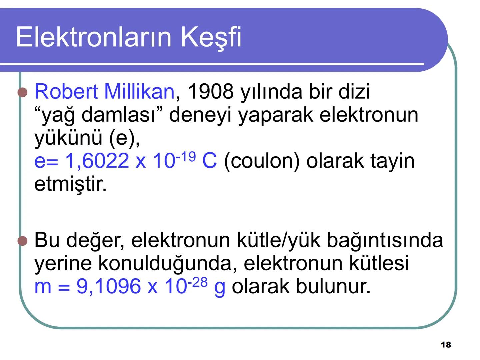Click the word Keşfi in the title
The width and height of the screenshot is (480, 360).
[211, 37]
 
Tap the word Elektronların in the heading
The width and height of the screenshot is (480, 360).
[95, 37]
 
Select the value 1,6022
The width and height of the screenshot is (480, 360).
[97, 161]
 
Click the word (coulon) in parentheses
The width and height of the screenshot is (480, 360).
[262, 161]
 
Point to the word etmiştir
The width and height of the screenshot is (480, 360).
[70, 184]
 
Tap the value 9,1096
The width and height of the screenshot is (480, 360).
[109, 286]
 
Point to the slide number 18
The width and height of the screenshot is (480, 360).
[446, 345]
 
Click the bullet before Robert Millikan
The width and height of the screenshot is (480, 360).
[22, 92]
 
